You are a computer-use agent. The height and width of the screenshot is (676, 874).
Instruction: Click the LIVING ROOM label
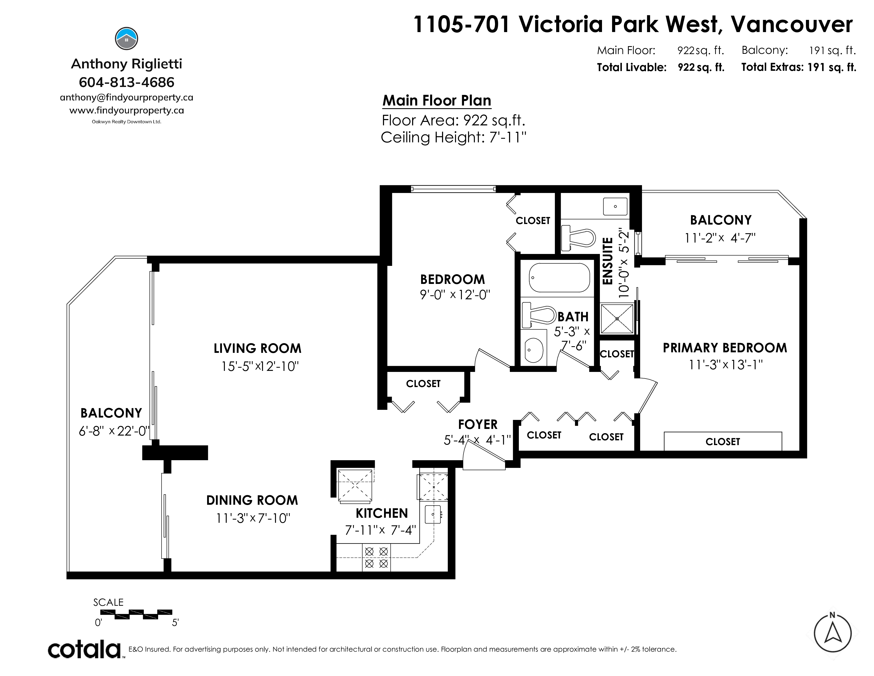pyautogui.click(x=257, y=348)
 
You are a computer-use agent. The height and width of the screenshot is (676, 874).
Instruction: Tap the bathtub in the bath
pyautogui.click(x=559, y=278)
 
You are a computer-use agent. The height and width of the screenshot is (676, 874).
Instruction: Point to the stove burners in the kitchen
pyautogui.click(x=376, y=558)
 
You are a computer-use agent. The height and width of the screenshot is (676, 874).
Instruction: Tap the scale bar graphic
pyautogui.click(x=136, y=614)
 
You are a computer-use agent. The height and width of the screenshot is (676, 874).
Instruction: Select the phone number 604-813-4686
pyautogui.click(x=126, y=82)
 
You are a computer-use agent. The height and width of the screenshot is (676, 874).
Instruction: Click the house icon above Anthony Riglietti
pyautogui.click(x=126, y=39)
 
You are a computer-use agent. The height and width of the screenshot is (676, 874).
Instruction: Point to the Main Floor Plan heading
pyautogui.click(x=436, y=100)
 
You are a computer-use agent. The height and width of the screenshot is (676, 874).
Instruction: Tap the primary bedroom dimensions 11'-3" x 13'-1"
pyautogui.click(x=725, y=365)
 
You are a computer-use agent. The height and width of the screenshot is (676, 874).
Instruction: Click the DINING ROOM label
pyautogui.click(x=252, y=500)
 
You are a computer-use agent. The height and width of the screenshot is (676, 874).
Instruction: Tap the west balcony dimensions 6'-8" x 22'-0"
pyautogui.click(x=114, y=431)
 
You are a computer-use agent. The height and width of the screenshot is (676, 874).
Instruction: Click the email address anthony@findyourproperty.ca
pyautogui.click(x=126, y=97)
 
